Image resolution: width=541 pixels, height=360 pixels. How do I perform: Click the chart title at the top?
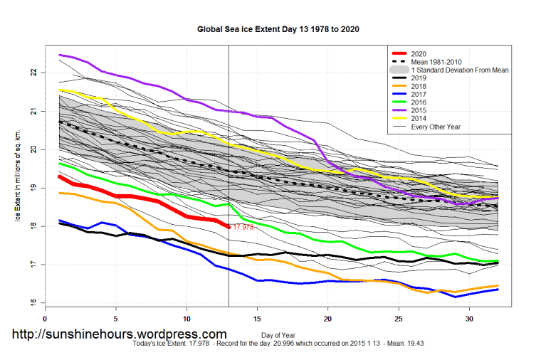pyautogui.click(x=278, y=30)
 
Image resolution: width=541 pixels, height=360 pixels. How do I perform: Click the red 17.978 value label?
pyautogui.click(x=243, y=227)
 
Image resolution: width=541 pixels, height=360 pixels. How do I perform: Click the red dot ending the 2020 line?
pyautogui.click(x=229, y=226)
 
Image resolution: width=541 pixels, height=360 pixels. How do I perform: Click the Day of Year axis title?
pyautogui.click(x=271, y=334)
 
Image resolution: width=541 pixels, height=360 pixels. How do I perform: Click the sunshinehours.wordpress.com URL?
pyautogui.click(x=120, y=334)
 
